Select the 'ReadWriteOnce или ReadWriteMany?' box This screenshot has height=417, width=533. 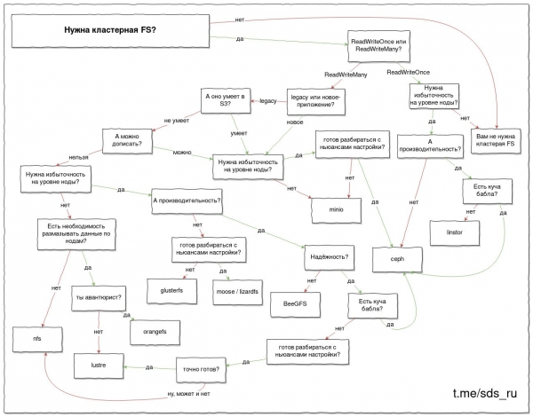[x=381, y=45]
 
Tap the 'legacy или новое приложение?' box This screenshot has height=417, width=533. [x=312, y=102]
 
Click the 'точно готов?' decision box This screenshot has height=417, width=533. [x=201, y=364]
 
